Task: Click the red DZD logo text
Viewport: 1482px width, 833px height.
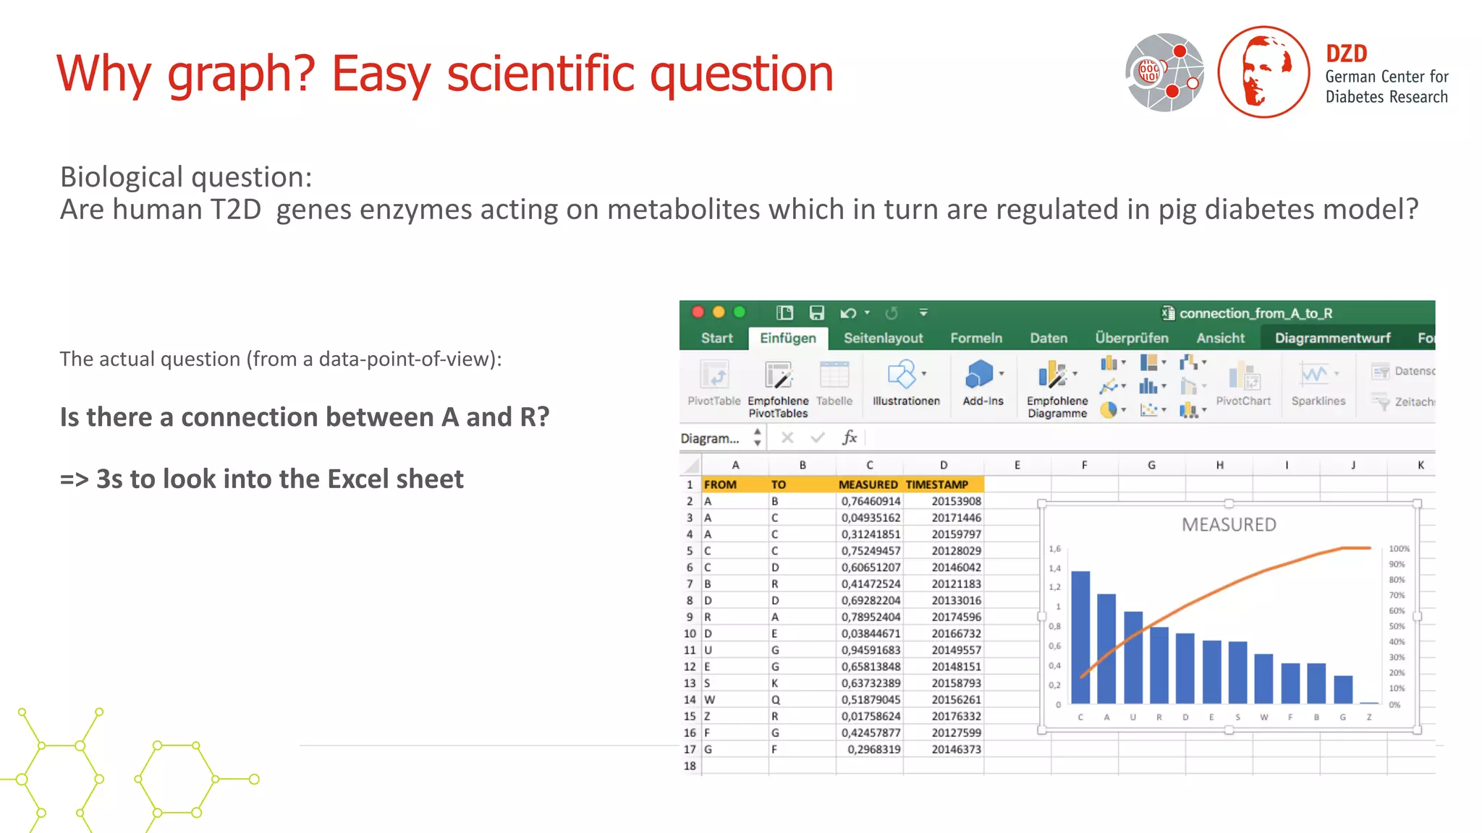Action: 1346,54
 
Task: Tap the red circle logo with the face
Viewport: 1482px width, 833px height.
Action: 1263,72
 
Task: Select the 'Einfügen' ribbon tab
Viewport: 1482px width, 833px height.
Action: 787,338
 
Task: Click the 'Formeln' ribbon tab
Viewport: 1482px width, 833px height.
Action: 975,338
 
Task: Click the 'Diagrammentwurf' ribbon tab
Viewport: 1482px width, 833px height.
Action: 1332,338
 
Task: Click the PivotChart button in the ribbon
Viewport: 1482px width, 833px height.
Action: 1243,384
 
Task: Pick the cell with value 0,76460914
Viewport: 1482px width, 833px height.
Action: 871,501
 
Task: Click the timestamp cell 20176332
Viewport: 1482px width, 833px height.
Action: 956,716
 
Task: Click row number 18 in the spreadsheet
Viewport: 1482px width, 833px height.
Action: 690,766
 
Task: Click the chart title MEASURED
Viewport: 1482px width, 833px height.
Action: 1229,525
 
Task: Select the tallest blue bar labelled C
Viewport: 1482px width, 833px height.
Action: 1080,636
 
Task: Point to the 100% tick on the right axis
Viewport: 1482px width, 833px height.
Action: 1399,549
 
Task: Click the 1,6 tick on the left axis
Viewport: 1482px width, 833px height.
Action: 1055,550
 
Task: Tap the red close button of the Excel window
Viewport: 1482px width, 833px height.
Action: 698,312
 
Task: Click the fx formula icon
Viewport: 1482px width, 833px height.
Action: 850,437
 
